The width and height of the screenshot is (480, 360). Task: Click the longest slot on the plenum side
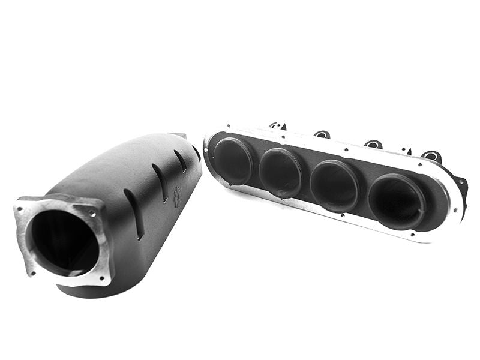tap(133, 214)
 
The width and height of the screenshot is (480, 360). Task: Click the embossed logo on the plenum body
tap(176, 197)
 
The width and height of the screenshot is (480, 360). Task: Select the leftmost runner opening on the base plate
tap(233, 161)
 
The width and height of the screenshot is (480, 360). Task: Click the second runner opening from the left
tap(280, 172)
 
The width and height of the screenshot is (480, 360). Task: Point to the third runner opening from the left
tap(334, 185)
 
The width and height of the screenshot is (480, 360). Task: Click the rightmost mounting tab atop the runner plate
tap(431, 157)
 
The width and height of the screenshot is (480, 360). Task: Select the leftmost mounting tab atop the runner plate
tap(277, 126)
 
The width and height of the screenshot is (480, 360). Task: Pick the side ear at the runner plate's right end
tap(461, 185)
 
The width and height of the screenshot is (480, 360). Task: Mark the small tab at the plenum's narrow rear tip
tap(178, 136)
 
